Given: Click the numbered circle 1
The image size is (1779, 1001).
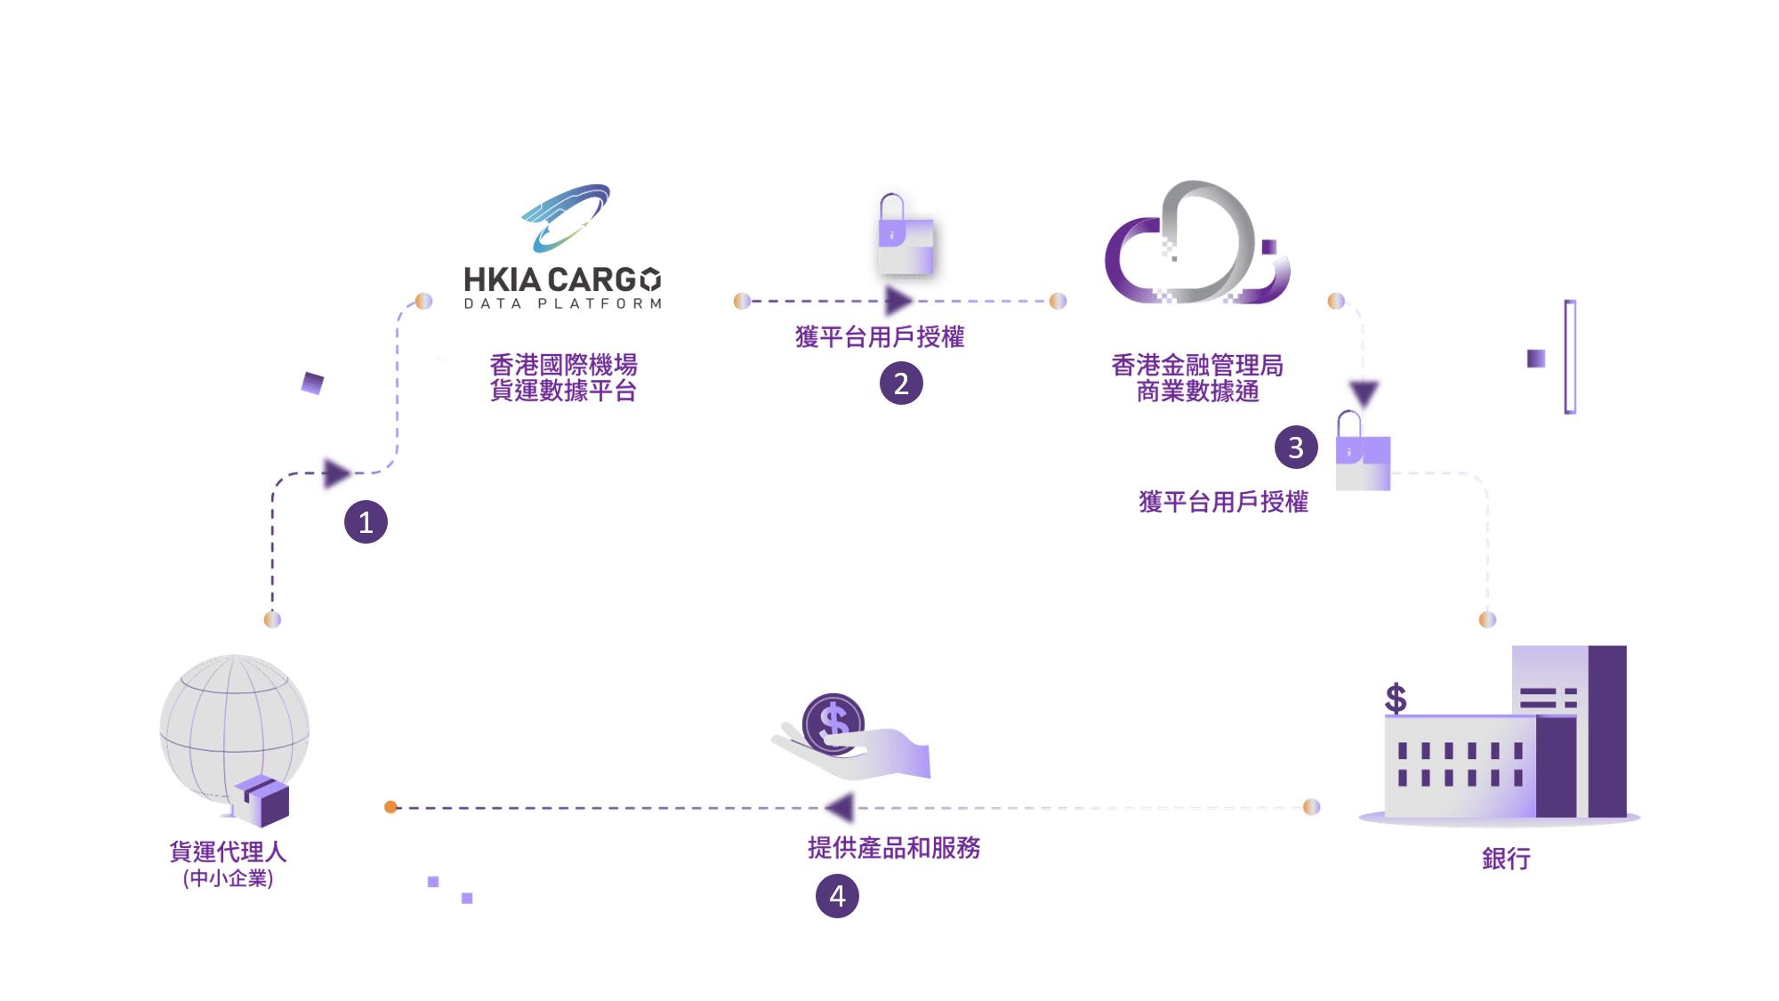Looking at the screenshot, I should pos(366,522).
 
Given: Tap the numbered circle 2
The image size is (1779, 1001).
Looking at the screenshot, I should pos(901,383).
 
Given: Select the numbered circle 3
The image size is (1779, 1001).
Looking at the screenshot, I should pos(1296,448).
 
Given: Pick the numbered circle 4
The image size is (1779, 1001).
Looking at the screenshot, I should pos(837,896).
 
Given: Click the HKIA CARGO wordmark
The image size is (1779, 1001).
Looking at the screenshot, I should pos(562,280).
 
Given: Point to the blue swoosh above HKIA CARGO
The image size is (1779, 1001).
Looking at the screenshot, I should pos(567,216).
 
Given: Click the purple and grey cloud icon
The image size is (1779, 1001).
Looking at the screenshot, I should pos(1196,245).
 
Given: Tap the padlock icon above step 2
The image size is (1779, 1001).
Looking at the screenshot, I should pos(906,238).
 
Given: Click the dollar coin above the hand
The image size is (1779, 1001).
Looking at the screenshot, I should pos(833,722).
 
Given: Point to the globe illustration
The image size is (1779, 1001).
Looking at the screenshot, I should pos(233,725).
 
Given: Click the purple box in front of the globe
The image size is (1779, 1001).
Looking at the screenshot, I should pos(263,800).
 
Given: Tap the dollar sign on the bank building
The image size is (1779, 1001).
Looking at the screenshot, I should pos(1396,698).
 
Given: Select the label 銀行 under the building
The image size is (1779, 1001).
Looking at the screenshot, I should pos(1506,859).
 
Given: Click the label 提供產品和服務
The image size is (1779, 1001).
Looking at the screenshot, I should pos(894,848).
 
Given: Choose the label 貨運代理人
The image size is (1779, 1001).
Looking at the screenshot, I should pos(228,852).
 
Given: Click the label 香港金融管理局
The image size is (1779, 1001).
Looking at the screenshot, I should pos(1196,365).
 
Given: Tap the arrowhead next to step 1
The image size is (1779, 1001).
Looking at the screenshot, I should pos(336,473).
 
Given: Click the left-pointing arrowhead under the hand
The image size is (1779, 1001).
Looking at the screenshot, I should pos(840,808).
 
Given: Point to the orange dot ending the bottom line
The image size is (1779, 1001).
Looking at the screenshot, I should pos(390,807).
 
